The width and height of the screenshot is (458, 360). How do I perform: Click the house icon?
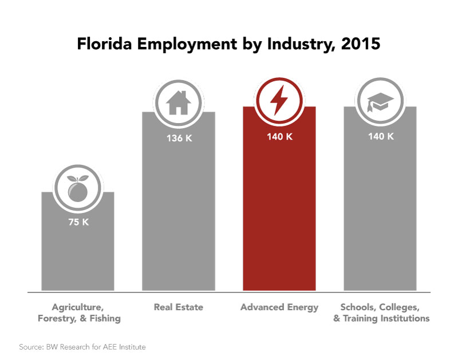pos(178,104)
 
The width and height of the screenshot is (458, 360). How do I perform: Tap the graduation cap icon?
pos(380,101)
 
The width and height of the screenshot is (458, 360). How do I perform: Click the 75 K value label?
pos(77,221)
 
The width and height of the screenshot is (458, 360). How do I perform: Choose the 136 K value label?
pos(178,137)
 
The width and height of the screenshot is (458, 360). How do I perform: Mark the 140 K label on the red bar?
pos(279,136)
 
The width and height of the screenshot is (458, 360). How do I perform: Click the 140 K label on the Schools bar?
pos(380,136)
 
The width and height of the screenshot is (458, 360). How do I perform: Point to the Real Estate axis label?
pos(178,307)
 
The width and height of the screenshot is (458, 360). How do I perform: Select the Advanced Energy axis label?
pos(279,307)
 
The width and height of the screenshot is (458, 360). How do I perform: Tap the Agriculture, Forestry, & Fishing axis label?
pos(78,312)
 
